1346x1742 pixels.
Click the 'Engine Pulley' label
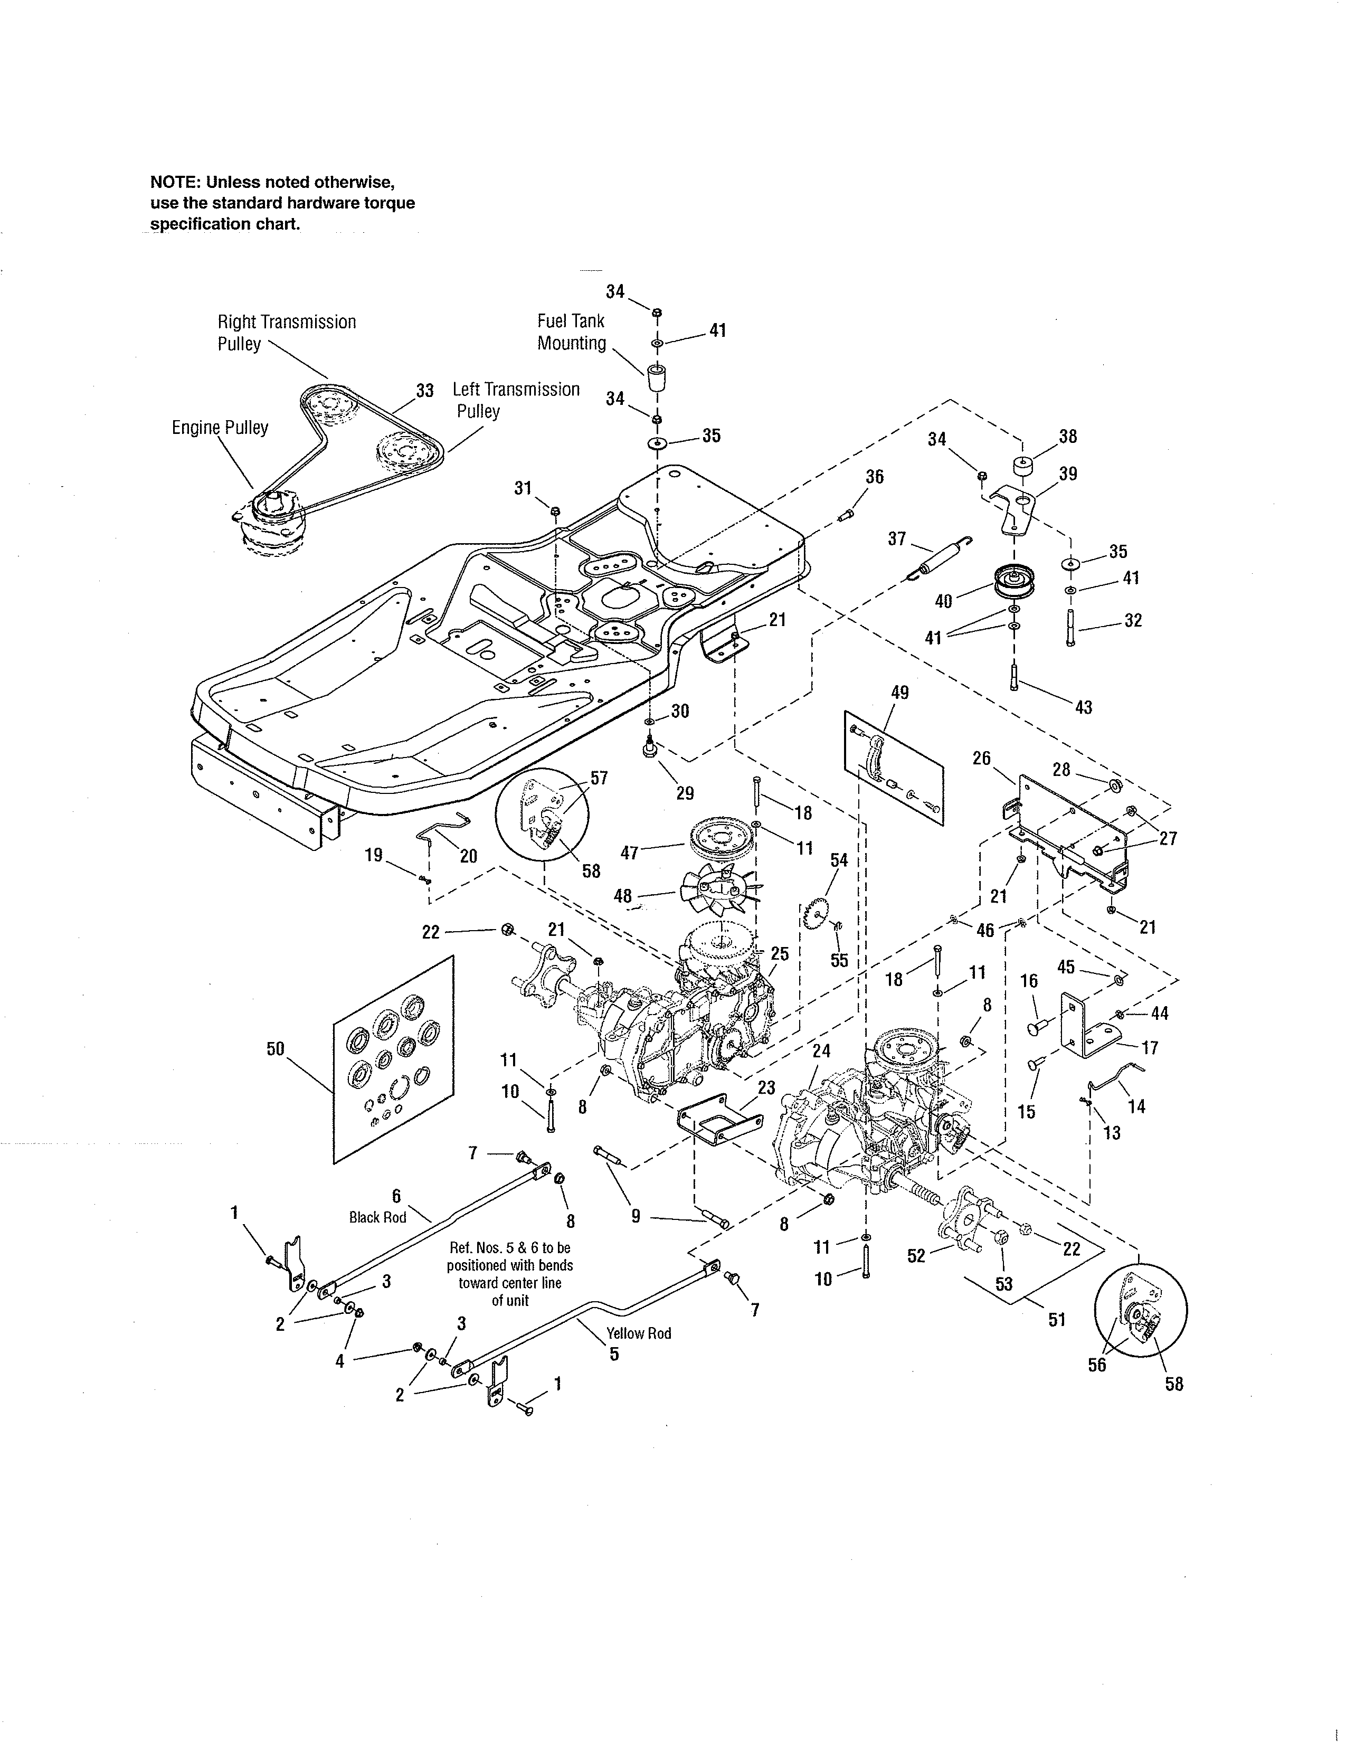220,428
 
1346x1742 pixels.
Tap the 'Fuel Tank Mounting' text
571,332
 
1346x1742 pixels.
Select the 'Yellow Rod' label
638,1333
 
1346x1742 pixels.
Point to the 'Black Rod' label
377,1217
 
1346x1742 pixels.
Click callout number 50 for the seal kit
275,1049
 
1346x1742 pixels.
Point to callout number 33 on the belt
424,391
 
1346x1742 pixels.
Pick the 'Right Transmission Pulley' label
286,333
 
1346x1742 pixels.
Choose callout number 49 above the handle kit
899,693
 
